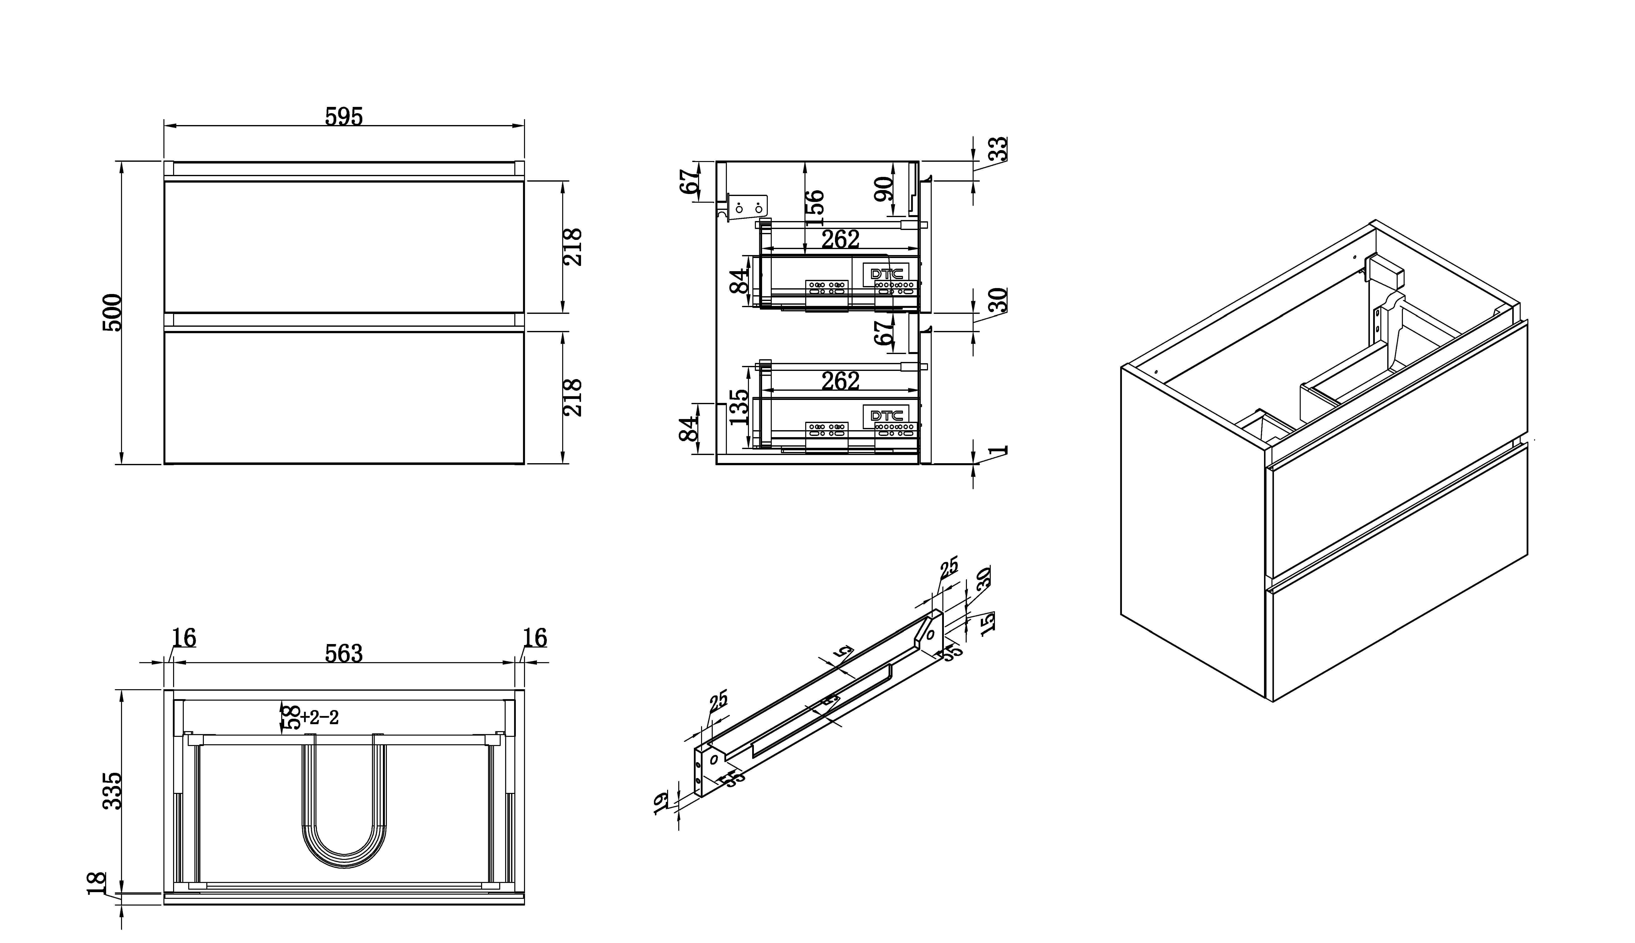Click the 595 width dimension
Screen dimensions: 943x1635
[344, 117]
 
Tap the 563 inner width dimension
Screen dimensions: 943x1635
[344, 653]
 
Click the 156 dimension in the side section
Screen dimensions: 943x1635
[815, 203]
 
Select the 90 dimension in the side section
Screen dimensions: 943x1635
[884, 189]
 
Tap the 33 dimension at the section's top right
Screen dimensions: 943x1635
[1000, 149]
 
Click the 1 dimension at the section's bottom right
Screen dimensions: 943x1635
[1000, 450]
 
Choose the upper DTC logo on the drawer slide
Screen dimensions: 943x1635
[886, 273]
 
